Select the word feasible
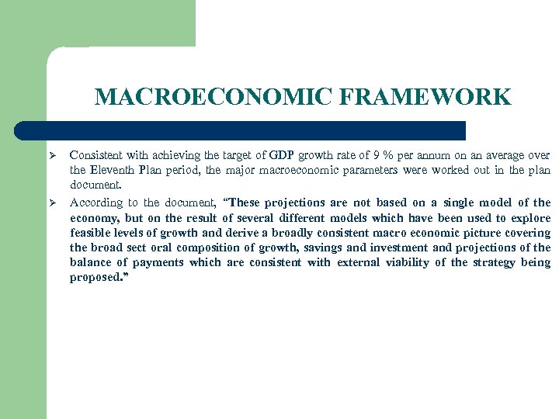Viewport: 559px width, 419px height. (90, 233)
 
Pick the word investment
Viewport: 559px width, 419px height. (398, 248)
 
